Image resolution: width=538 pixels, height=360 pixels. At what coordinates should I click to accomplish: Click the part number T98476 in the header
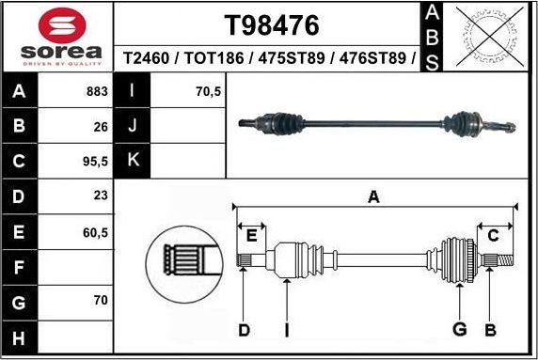point(271,23)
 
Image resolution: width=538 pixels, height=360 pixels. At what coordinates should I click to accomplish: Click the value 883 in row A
point(96,92)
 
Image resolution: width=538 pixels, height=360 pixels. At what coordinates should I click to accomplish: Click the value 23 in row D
point(99,196)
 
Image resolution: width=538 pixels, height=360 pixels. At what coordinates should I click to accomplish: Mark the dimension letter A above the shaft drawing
point(373,197)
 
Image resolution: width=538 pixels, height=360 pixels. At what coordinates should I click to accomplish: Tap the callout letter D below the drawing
point(243,330)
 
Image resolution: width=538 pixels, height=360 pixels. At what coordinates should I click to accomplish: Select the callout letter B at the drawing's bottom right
point(490,330)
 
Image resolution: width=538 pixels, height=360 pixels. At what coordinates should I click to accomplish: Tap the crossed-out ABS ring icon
point(487,37)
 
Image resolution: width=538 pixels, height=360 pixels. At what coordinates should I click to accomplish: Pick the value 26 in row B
point(99,126)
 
